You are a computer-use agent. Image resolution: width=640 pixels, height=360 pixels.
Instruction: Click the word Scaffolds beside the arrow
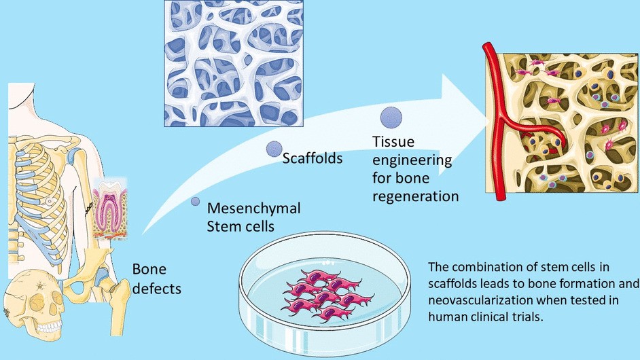coord(312,159)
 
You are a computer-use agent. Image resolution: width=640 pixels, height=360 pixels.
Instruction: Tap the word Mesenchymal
coord(253,207)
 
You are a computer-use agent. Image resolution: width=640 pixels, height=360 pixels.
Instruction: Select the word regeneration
coord(416,196)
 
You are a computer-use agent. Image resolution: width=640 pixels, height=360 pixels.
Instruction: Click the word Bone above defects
coord(148,270)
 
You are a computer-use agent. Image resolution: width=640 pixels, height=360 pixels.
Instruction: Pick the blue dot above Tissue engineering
coord(391,117)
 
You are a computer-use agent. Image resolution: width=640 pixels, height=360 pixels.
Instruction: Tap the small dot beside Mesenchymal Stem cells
coord(196,202)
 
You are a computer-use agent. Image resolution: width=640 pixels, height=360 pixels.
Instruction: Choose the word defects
coord(157,289)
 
